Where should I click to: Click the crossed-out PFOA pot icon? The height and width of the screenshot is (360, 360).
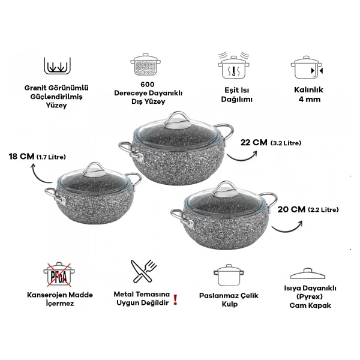pos(59,274)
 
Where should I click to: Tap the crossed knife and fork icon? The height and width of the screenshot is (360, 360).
pos(144,271)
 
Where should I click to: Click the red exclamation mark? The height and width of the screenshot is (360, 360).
pos(175,300)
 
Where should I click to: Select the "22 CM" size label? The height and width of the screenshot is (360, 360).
pos(254,143)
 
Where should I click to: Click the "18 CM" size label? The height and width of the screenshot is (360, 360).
pos(22,157)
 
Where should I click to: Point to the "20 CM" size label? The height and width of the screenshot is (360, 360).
pos(292,209)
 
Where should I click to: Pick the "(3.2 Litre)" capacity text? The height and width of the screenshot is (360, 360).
pos(286,143)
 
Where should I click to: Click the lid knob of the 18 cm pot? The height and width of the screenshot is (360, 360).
pos(94,170)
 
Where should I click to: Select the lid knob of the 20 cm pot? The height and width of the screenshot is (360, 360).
pos(225,190)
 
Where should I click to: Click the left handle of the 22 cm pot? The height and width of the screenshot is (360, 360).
pos(132,151)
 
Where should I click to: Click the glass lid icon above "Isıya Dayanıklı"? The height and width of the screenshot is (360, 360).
pos(308,274)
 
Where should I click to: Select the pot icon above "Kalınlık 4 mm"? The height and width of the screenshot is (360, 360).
pos(307,67)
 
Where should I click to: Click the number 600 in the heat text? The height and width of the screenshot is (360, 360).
pos(148,84)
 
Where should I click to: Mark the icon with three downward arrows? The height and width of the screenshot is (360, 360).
pos(57,65)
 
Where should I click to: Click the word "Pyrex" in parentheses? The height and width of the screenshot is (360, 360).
pos(309,296)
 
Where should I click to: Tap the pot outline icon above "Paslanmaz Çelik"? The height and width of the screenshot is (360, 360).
pos(229,275)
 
